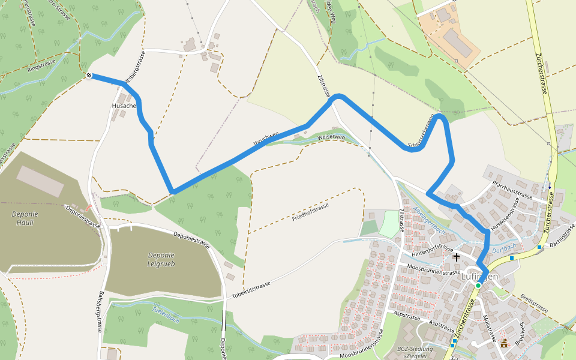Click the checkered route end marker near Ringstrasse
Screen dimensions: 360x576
point(89,76)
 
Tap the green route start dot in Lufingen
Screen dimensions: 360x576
point(478,286)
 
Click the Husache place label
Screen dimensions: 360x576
point(124,106)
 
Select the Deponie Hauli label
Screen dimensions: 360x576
point(22,218)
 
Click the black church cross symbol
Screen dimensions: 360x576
point(457,257)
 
